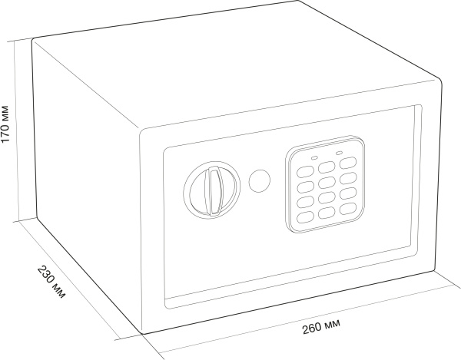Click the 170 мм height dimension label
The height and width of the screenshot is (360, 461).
[5, 124]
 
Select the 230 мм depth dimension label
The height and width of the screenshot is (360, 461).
[51, 282]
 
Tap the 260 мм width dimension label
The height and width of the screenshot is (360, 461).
[322, 326]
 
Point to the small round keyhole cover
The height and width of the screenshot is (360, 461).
[260, 180]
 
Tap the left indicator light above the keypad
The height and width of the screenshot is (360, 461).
[314, 158]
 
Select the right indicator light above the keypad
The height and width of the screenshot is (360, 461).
[339, 153]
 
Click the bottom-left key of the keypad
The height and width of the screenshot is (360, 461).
[305, 217]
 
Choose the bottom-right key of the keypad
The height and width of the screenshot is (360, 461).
[348, 209]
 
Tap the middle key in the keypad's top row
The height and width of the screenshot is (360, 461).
[327, 167]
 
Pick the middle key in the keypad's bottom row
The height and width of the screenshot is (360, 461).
[327, 213]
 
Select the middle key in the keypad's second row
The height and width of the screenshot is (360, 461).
[327, 182]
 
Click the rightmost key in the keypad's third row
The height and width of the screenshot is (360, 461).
[348, 193]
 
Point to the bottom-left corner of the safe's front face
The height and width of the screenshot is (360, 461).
[143, 334]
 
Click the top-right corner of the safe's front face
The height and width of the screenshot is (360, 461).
[440, 80]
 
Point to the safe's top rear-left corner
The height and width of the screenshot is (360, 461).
[33, 38]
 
